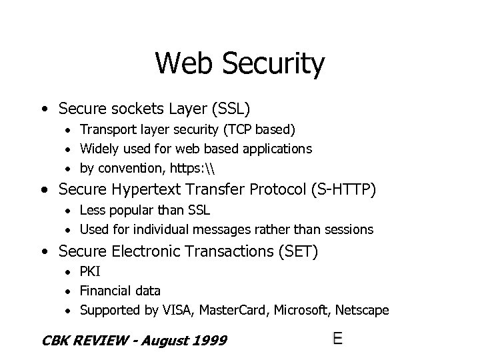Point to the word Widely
point(99,148)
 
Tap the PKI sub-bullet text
point(89,273)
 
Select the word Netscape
point(363,310)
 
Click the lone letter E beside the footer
point(338,339)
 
